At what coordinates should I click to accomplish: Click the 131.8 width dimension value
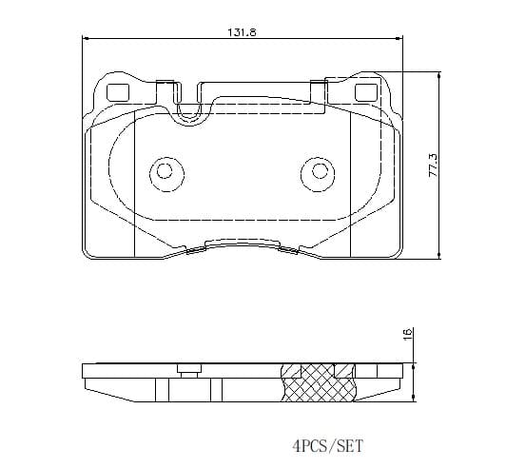click(x=242, y=32)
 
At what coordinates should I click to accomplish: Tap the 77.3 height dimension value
click(x=433, y=165)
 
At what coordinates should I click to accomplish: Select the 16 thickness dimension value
click(x=408, y=333)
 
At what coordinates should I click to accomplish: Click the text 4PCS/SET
click(x=327, y=446)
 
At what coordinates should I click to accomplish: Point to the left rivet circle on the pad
click(x=166, y=174)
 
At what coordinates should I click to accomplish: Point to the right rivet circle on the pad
click(x=318, y=174)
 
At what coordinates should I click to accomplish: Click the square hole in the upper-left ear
click(x=118, y=92)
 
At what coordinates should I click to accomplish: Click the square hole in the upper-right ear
click(x=366, y=92)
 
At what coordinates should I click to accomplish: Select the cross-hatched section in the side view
click(x=318, y=382)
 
